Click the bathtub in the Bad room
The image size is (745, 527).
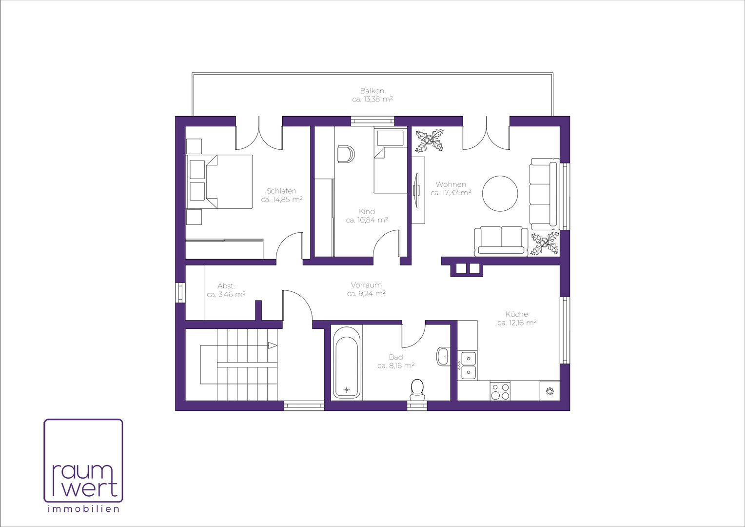[x=347, y=362]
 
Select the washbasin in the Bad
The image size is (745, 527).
[x=443, y=356]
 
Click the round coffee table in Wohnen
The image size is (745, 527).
[x=500, y=193]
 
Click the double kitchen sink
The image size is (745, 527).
[x=467, y=365]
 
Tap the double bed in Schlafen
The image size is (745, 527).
[x=219, y=182]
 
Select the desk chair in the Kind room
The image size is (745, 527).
[x=346, y=154]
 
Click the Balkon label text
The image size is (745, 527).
[x=372, y=91]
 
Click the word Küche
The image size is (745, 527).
[x=516, y=314]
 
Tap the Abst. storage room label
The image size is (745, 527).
[x=226, y=286]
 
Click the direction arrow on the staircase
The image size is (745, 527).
[x=273, y=345]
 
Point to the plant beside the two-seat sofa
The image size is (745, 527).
[x=545, y=243]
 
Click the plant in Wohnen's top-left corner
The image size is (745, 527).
[x=430, y=141]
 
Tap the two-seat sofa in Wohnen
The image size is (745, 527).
[x=501, y=242]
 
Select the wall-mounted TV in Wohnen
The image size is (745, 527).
[x=416, y=190]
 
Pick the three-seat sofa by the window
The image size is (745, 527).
[x=544, y=194]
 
